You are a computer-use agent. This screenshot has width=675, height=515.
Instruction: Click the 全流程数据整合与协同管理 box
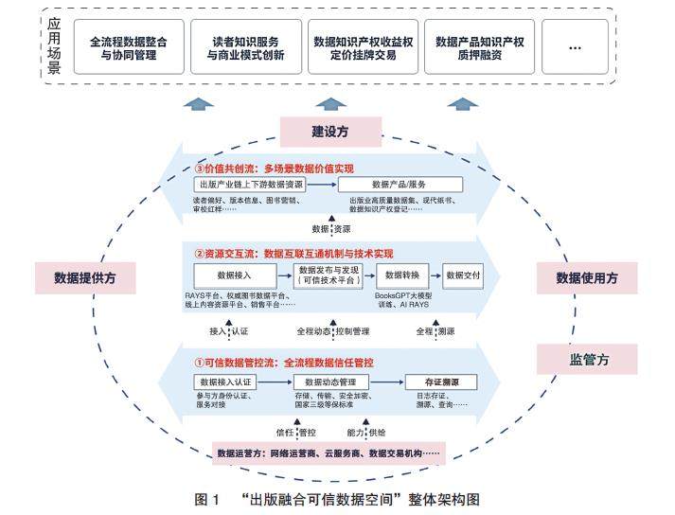click(130, 48)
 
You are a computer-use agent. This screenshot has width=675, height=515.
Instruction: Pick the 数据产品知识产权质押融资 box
click(482, 48)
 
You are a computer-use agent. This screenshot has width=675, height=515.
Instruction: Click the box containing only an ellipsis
click(574, 48)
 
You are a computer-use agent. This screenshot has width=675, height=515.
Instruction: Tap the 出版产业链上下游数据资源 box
click(251, 186)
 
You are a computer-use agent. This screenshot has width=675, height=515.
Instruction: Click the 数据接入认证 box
click(225, 382)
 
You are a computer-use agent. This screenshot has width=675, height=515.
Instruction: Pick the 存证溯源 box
click(433, 382)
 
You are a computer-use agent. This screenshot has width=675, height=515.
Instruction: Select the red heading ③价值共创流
click(273, 169)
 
